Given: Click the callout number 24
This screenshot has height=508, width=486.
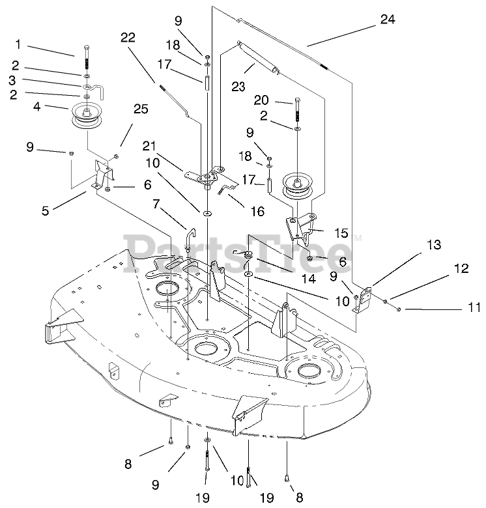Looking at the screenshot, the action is point(388,20).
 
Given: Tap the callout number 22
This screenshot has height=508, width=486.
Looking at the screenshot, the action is point(128,38).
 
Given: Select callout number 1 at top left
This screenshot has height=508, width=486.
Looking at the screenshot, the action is point(18,44).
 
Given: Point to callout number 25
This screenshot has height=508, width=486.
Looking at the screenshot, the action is point(141,109).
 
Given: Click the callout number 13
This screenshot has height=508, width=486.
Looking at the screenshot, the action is point(433,245).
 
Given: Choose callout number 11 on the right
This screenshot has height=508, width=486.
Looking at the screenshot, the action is point(474,307).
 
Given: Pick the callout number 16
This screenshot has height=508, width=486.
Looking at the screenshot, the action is point(257,211).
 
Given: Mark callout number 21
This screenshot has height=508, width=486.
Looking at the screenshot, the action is point(149,146).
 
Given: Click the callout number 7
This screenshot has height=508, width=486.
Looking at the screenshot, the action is point(156,204).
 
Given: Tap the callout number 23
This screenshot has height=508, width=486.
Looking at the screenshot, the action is point(238,87).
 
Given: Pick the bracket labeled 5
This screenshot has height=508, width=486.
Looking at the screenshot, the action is point(103,175).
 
